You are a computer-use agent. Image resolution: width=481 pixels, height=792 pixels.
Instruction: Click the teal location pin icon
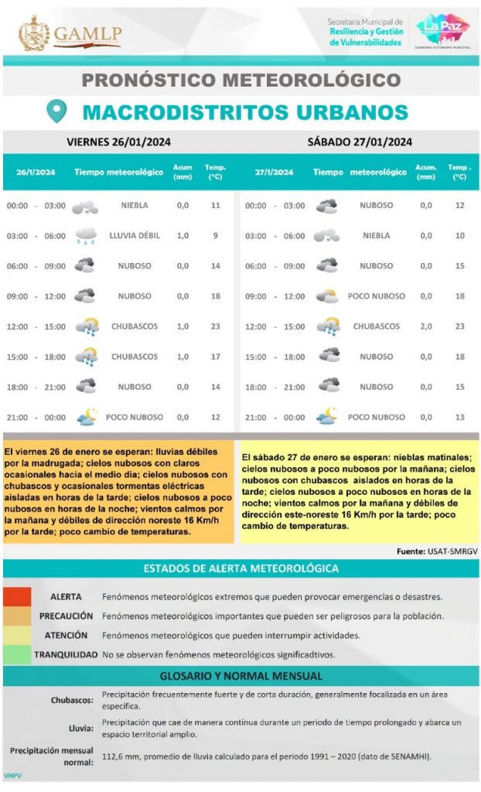[56, 111]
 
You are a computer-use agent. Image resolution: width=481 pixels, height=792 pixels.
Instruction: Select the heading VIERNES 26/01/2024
[118, 142]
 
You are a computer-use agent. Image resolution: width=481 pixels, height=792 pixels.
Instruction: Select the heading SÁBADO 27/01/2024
[359, 142]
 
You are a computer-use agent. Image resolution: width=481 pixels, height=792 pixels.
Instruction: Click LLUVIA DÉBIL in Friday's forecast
[135, 235]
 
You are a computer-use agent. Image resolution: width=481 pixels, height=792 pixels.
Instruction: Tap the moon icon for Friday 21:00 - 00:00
[86, 417]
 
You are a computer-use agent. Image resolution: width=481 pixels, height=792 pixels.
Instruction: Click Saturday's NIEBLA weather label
[377, 235]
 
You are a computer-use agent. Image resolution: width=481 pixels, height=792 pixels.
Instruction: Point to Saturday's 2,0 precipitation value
[426, 326]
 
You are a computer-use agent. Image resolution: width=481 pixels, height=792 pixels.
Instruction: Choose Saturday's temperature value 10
[460, 235]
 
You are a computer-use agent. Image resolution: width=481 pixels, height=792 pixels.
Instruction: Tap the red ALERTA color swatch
[17, 597]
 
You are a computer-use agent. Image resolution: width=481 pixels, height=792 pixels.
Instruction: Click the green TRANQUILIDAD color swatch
[17, 654]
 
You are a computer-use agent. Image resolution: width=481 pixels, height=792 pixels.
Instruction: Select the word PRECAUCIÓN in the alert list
[66, 616]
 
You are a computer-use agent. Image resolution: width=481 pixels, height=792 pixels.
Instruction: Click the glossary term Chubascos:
[73, 700]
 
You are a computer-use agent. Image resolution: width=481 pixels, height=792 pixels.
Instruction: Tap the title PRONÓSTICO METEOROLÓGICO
[240, 80]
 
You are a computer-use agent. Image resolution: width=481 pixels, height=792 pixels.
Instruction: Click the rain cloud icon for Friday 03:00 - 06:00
[86, 235]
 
